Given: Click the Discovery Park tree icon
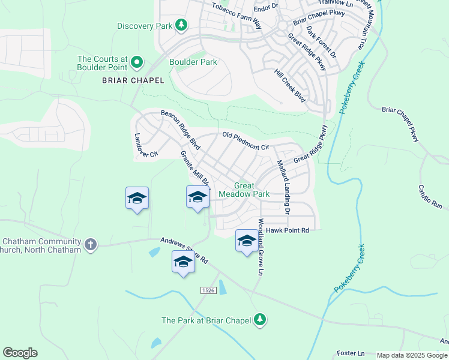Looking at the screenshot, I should pyautogui.click(x=181, y=25).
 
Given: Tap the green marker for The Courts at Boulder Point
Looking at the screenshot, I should pyautogui.click(x=137, y=62).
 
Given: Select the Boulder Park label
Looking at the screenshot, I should pyautogui.click(x=193, y=62).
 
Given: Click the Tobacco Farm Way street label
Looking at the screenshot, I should pyautogui.click(x=237, y=16).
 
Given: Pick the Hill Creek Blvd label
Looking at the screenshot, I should pyautogui.click(x=291, y=85).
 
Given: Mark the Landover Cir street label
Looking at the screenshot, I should pyautogui.click(x=146, y=145).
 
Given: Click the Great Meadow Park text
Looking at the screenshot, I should pyautogui.click(x=244, y=190).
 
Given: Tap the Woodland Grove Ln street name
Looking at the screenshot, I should pyautogui.click(x=261, y=247).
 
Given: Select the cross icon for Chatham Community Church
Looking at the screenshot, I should pyautogui.click(x=90, y=244).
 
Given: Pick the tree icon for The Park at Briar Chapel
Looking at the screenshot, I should pyautogui.click(x=260, y=320).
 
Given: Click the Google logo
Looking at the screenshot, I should pyautogui.click(x=20, y=353).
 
